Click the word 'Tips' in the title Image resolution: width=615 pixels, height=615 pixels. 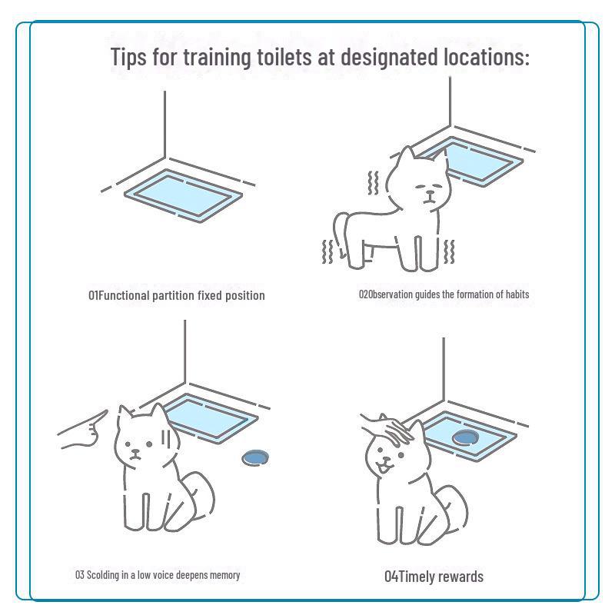click(128, 57)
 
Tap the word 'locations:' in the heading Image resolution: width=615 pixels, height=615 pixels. click(487, 57)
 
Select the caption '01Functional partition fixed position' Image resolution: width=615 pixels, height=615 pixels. click(177, 295)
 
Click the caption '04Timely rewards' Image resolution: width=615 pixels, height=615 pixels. click(434, 577)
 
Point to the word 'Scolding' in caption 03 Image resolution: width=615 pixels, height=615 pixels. click(103, 575)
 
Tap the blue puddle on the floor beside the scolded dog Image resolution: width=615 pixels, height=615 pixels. click(255, 457)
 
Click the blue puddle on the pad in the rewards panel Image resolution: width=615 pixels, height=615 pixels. click(465, 437)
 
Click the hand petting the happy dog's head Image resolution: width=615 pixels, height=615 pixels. click(387, 430)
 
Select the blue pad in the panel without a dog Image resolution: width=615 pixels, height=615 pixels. click(184, 196)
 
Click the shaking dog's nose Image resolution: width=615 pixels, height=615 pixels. click(430, 193)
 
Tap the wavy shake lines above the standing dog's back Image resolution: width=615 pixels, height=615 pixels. click(373, 183)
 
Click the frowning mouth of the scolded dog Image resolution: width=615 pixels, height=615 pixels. click(136, 456)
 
